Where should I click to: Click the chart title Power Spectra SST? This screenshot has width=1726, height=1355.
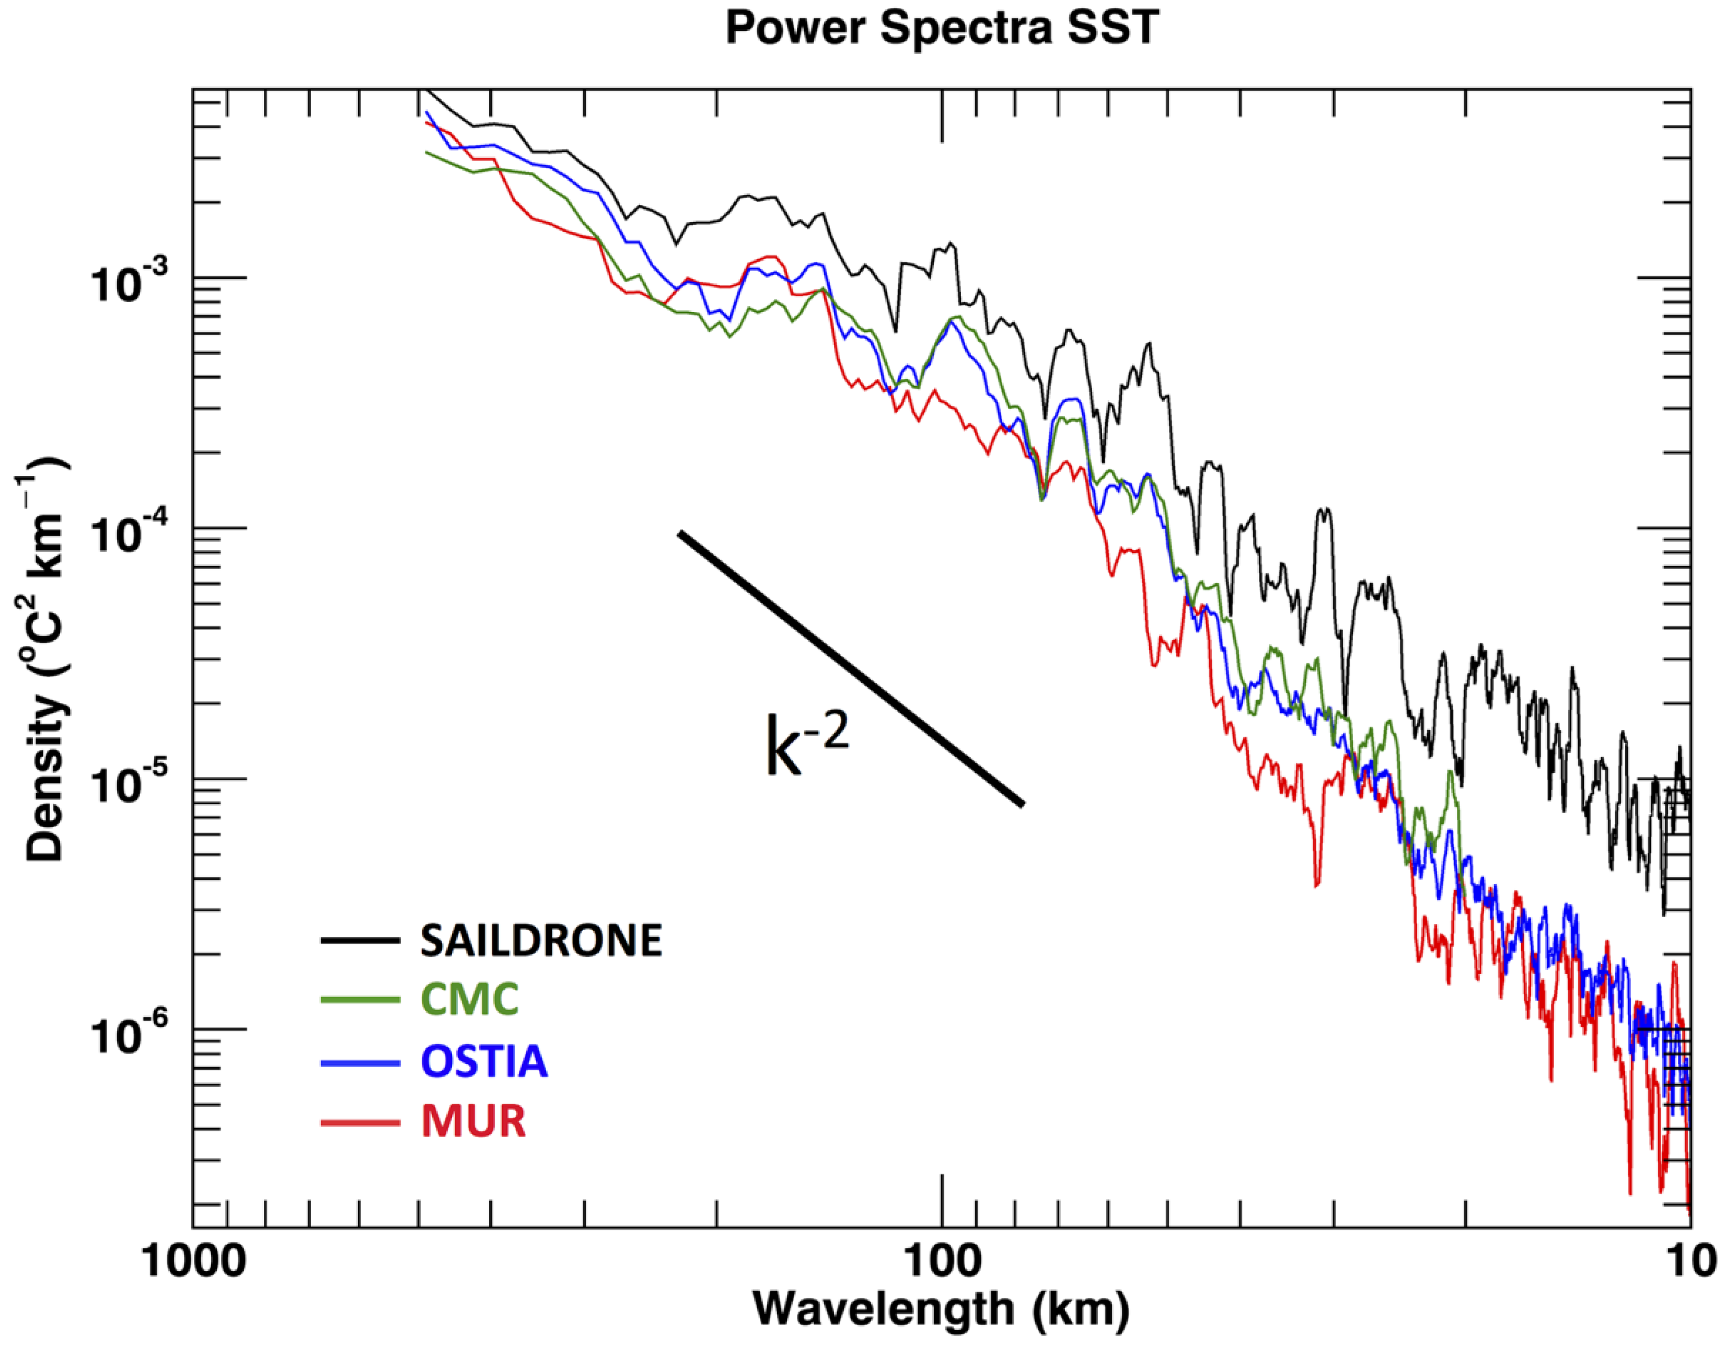point(942,29)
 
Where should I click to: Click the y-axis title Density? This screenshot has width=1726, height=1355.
point(43,658)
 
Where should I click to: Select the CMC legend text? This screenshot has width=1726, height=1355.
point(470,999)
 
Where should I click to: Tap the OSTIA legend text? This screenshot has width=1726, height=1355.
point(484,1061)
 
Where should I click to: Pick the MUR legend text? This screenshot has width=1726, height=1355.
point(473,1121)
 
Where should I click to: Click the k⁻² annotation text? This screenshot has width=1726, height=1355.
point(806,745)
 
